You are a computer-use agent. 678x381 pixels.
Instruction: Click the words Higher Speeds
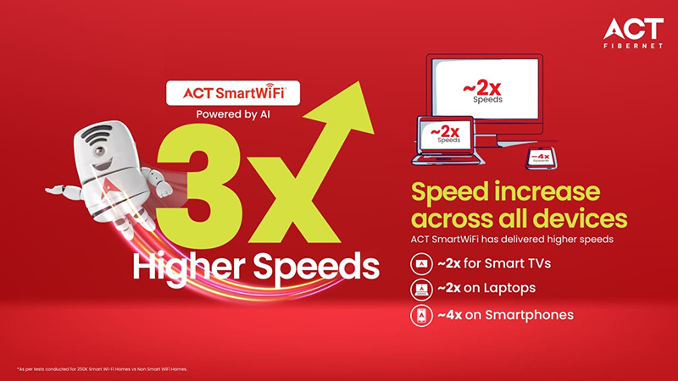pos(255,268)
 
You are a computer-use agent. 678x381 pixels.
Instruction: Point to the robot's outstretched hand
pos(53,185)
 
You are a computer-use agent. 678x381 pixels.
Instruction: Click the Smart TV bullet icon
pos(420,263)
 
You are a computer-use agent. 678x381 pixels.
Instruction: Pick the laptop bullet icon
pos(420,289)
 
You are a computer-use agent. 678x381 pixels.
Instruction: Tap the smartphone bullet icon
pos(420,315)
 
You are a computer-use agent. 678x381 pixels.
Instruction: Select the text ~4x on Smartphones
pos(505,315)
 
